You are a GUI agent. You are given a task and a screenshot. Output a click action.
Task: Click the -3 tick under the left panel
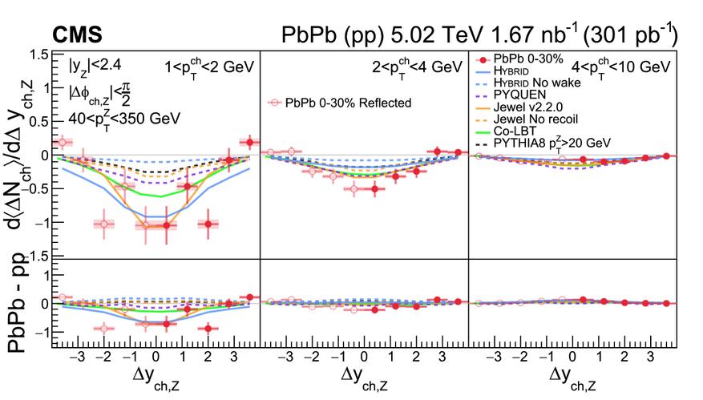point(79,355)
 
